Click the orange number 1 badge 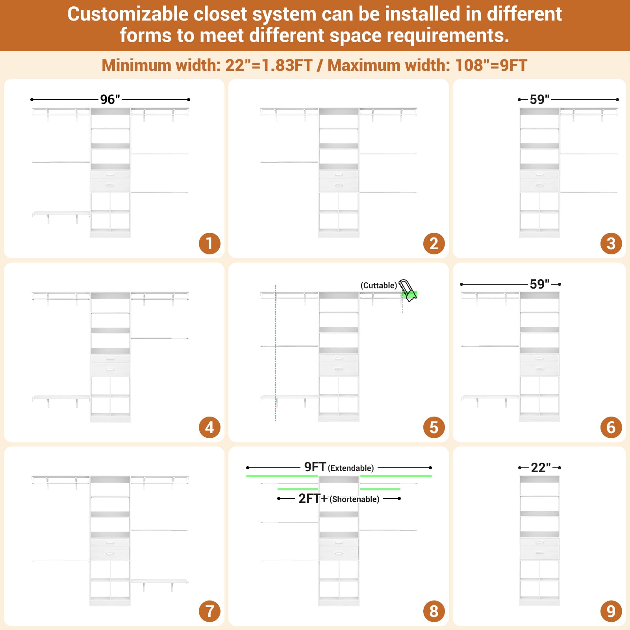point(209,243)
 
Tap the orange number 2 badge point(434,243)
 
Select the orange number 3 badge point(611,243)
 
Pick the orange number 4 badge point(209,427)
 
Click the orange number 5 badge point(434,427)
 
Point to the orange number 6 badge point(611,427)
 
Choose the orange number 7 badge point(209,611)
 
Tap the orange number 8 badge point(434,611)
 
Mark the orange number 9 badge point(611,611)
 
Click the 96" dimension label point(110,99)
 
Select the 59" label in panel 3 point(539,99)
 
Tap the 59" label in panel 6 point(539,284)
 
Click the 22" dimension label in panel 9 point(541,467)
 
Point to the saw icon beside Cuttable point(408,290)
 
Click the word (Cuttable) point(379,285)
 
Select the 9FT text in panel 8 point(315,467)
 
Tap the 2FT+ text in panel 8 point(313,498)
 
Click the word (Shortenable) point(354,499)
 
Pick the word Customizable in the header point(128,15)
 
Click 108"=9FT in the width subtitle point(491,65)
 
